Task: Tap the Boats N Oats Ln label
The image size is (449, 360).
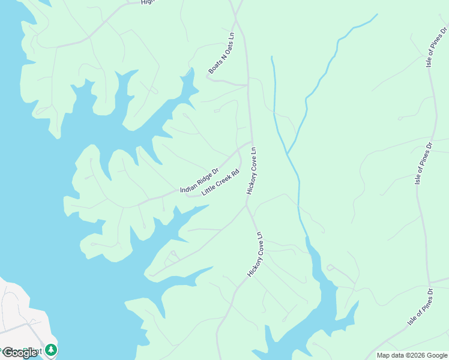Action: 221,55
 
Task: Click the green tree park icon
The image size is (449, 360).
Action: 51,349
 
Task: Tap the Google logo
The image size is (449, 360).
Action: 19,353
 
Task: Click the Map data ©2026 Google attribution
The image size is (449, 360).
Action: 412,355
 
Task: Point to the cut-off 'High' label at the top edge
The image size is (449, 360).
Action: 148,2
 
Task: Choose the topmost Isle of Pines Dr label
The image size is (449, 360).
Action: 436,46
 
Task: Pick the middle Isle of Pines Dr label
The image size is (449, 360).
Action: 424,163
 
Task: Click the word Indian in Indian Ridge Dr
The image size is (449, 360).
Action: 188,188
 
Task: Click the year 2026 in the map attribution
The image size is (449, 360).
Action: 415,355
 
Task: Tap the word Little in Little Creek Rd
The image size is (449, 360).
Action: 208,190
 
